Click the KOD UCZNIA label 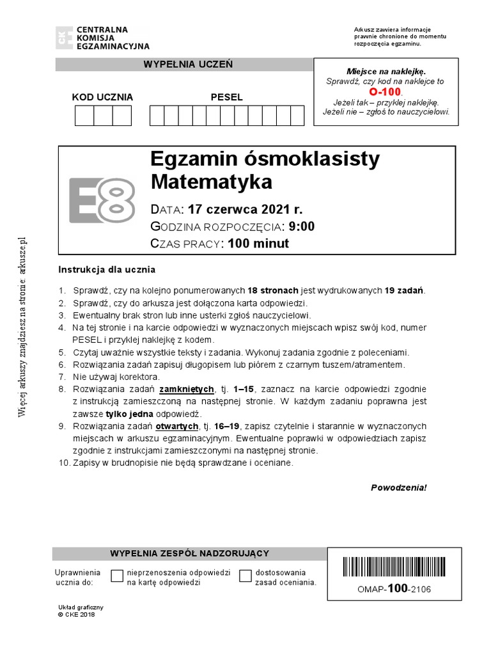(x=102, y=97)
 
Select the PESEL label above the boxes (x=227, y=97)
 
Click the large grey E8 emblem (x=102, y=200)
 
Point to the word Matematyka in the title (x=211, y=182)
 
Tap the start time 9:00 (x=302, y=226)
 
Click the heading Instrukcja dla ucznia (x=107, y=269)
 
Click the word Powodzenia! (x=398, y=487)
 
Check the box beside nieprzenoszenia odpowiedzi (x=117, y=576)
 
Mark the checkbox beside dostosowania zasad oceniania (x=245, y=576)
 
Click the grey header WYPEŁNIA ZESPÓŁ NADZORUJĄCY (x=190, y=554)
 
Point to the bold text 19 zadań (x=404, y=290)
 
